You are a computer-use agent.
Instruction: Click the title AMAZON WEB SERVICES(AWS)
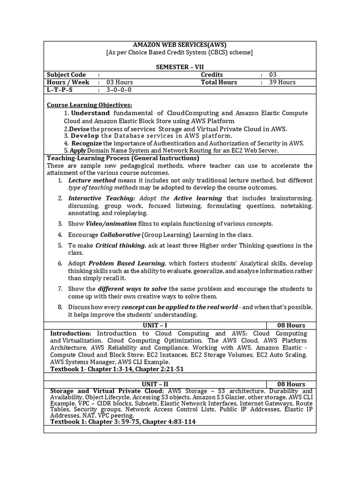tap(180, 45)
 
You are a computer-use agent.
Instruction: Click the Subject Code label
tap(66, 75)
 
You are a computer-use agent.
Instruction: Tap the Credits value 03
tap(273, 75)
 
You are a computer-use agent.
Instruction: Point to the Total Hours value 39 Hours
tap(282, 82)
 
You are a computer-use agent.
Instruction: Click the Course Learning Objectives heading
tap(90, 105)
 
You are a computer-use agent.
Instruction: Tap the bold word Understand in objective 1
tap(90, 113)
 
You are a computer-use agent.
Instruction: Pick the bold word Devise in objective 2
tap(79, 129)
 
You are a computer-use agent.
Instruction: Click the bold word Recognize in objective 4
tap(87, 143)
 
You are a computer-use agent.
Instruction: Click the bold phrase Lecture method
tap(92, 180)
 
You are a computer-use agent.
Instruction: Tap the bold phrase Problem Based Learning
tap(127, 263)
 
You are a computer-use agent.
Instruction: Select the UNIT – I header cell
tap(155, 325)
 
